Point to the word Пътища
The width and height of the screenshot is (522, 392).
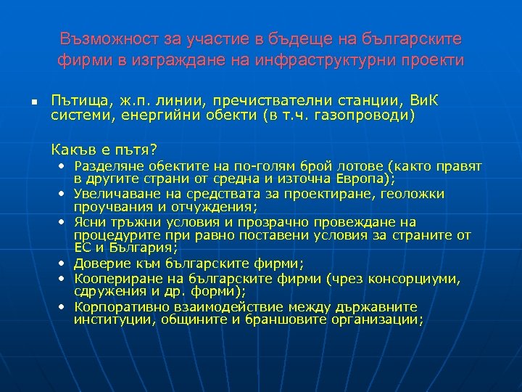76,99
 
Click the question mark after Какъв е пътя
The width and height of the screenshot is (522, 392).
153,150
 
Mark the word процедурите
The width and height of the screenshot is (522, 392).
109,235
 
